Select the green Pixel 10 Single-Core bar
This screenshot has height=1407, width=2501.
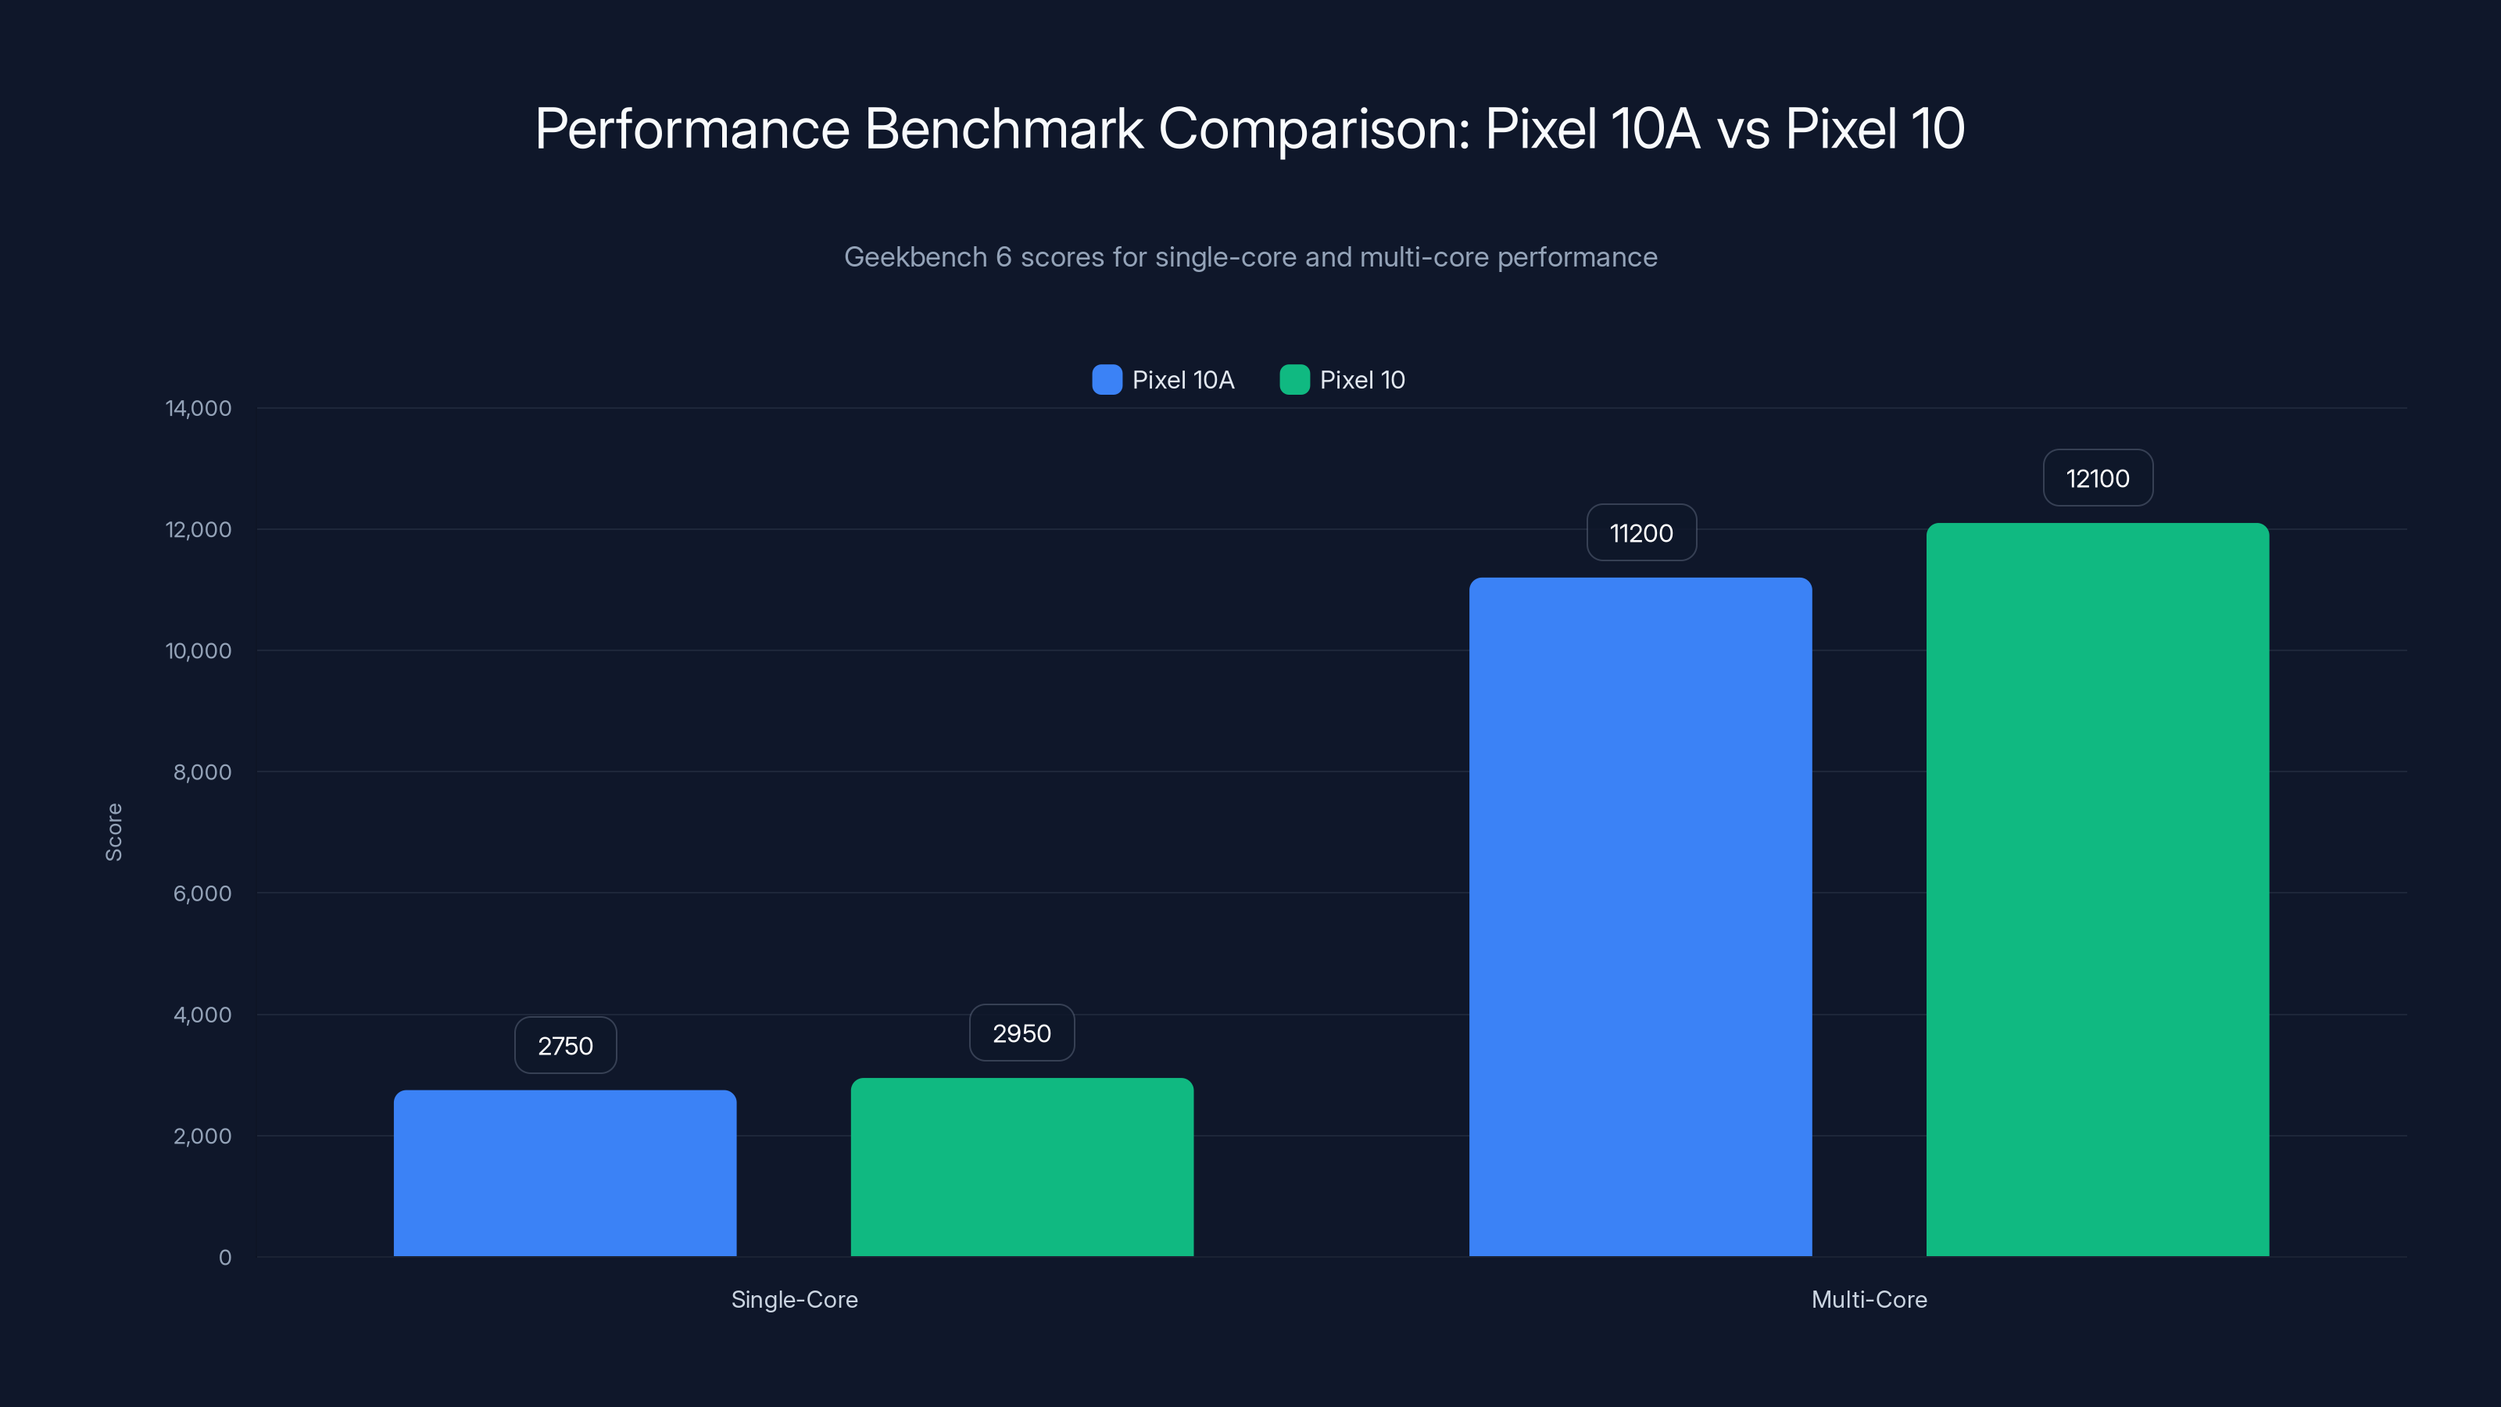tap(1022, 1167)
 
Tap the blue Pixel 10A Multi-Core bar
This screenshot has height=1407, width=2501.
tap(1640, 917)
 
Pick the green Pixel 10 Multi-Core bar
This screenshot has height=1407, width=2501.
tap(2097, 890)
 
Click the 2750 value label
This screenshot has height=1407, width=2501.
tap(565, 1046)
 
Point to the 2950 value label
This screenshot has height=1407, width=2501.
tap(1022, 1033)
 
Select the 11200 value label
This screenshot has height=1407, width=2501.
tap(1640, 533)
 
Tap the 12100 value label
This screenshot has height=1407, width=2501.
tap(2097, 478)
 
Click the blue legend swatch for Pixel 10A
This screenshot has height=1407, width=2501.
tap(1107, 380)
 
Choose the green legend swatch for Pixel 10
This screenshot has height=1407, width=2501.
tap(1294, 380)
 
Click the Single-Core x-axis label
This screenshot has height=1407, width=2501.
tap(794, 1299)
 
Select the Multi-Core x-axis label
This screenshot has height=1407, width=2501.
tap(1869, 1299)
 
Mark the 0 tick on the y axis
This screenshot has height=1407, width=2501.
tap(224, 1258)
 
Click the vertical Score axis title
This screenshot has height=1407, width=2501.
tap(113, 832)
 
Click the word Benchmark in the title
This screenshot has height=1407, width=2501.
tap(1003, 129)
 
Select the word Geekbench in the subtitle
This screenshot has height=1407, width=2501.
tap(914, 257)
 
